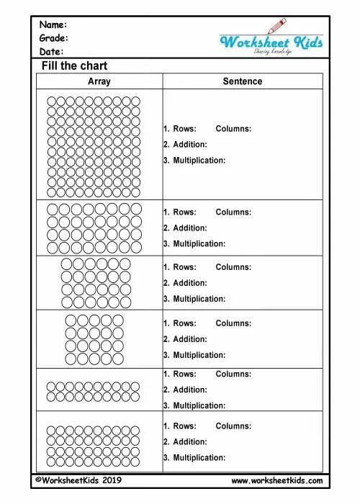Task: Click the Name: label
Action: [x=54, y=24]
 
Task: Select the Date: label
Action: [x=52, y=52]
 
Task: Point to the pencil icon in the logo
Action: [x=276, y=27]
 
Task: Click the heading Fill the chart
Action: [x=74, y=66]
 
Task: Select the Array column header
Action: [x=99, y=81]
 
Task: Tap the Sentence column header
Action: [x=243, y=81]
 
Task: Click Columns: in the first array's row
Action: [x=233, y=129]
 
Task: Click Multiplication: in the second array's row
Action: [x=199, y=243]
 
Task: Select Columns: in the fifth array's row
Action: [x=233, y=374]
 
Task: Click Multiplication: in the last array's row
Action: [x=199, y=458]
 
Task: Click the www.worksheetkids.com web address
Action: [x=277, y=480]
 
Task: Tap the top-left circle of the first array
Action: [x=53, y=102]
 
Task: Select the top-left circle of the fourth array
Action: [x=71, y=320]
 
